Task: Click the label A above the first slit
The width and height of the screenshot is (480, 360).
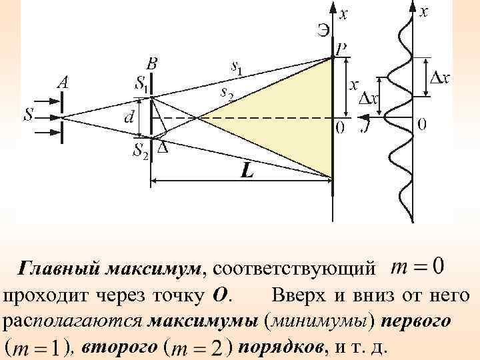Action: point(63,83)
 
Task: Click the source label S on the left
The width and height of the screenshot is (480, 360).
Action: point(29,115)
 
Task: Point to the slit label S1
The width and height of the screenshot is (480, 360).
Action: point(141,83)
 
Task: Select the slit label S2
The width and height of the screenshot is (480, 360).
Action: point(141,151)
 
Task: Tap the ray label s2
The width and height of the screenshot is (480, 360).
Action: point(227,94)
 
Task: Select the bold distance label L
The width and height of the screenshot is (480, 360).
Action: point(247,171)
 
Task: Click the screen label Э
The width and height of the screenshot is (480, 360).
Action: point(323,29)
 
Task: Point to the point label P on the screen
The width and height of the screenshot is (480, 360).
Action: point(341,49)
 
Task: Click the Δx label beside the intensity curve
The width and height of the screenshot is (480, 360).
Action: point(437,77)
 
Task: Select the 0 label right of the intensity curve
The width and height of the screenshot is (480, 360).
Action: point(423,124)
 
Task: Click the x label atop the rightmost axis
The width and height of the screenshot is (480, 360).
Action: point(424,11)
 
